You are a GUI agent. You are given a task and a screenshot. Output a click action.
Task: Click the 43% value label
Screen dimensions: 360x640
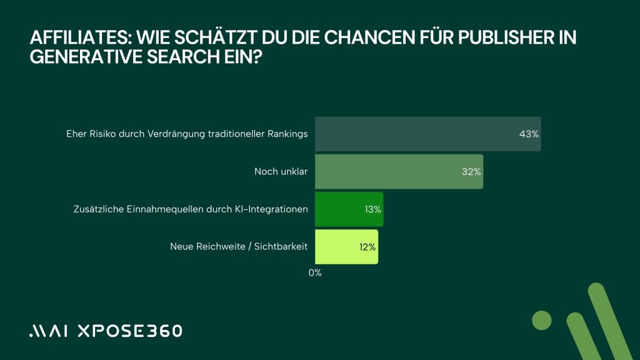[x=529, y=134]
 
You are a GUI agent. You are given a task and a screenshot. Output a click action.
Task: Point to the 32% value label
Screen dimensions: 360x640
[x=471, y=172]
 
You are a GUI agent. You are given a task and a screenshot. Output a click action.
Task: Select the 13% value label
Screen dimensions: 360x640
[x=373, y=209]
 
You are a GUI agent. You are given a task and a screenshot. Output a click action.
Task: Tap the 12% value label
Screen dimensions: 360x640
[x=367, y=247]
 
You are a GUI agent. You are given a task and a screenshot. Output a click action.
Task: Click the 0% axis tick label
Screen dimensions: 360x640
[x=315, y=273]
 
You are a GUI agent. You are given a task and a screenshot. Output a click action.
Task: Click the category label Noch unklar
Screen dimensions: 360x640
[x=281, y=171]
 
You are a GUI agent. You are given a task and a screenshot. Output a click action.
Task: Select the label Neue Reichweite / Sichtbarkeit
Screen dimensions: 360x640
[x=239, y=247]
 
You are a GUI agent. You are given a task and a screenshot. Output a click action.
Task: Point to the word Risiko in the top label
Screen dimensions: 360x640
[x=104, y=134]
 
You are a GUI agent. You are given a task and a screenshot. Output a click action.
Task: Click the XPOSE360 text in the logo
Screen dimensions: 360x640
[x=129, y=331]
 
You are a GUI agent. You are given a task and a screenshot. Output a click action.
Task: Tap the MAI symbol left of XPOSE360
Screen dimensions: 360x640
[x=50, y=331]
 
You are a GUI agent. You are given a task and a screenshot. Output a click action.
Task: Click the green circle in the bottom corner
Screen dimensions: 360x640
[x=542, y=320]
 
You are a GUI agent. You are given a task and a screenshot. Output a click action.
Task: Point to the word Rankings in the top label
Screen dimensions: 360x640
[x=287, y=134]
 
